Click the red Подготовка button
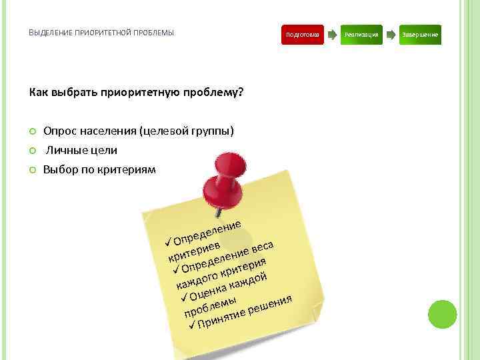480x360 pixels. [302, 34]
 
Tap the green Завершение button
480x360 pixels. [421, 34]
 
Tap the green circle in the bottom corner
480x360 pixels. [443, 314]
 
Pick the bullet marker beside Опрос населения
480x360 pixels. [32, 131]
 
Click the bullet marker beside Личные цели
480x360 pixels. [32, 150]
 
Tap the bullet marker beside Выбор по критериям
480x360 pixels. [32, 170]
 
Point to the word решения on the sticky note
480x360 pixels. [270, 303]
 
